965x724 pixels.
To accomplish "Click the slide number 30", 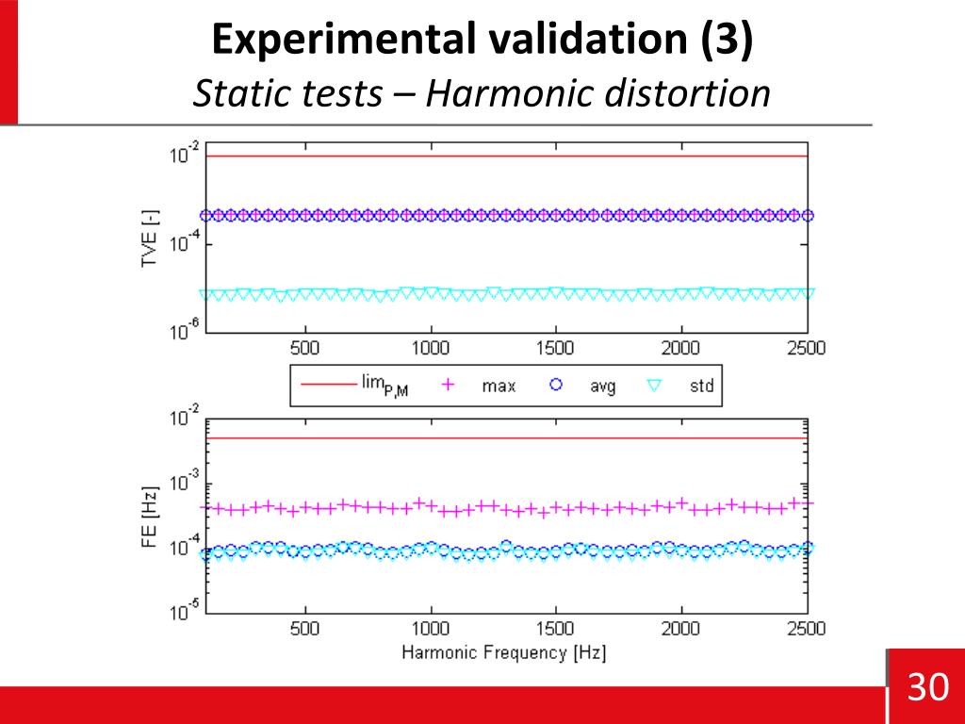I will click(x=927, y=688).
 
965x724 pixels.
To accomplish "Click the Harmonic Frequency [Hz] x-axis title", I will click(x=504, y=652).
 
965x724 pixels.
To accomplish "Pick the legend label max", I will click(x=499, y=386).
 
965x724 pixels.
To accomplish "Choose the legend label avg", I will click(x=602, y=386).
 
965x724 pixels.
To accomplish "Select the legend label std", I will click(x=701, y=386).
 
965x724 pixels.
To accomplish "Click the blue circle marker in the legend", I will click(x=556, y=385).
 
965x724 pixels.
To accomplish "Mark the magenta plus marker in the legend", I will click(x=449, y=385).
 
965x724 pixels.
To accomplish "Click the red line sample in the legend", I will click(x=324, y=385).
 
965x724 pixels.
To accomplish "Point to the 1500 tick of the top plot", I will click(x=555, y=348).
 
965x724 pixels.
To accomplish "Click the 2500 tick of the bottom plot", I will click(x=805, y=629).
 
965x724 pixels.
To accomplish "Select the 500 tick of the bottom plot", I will click(x=304, y=629).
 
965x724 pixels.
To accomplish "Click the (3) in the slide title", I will click(x=727, y=41).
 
